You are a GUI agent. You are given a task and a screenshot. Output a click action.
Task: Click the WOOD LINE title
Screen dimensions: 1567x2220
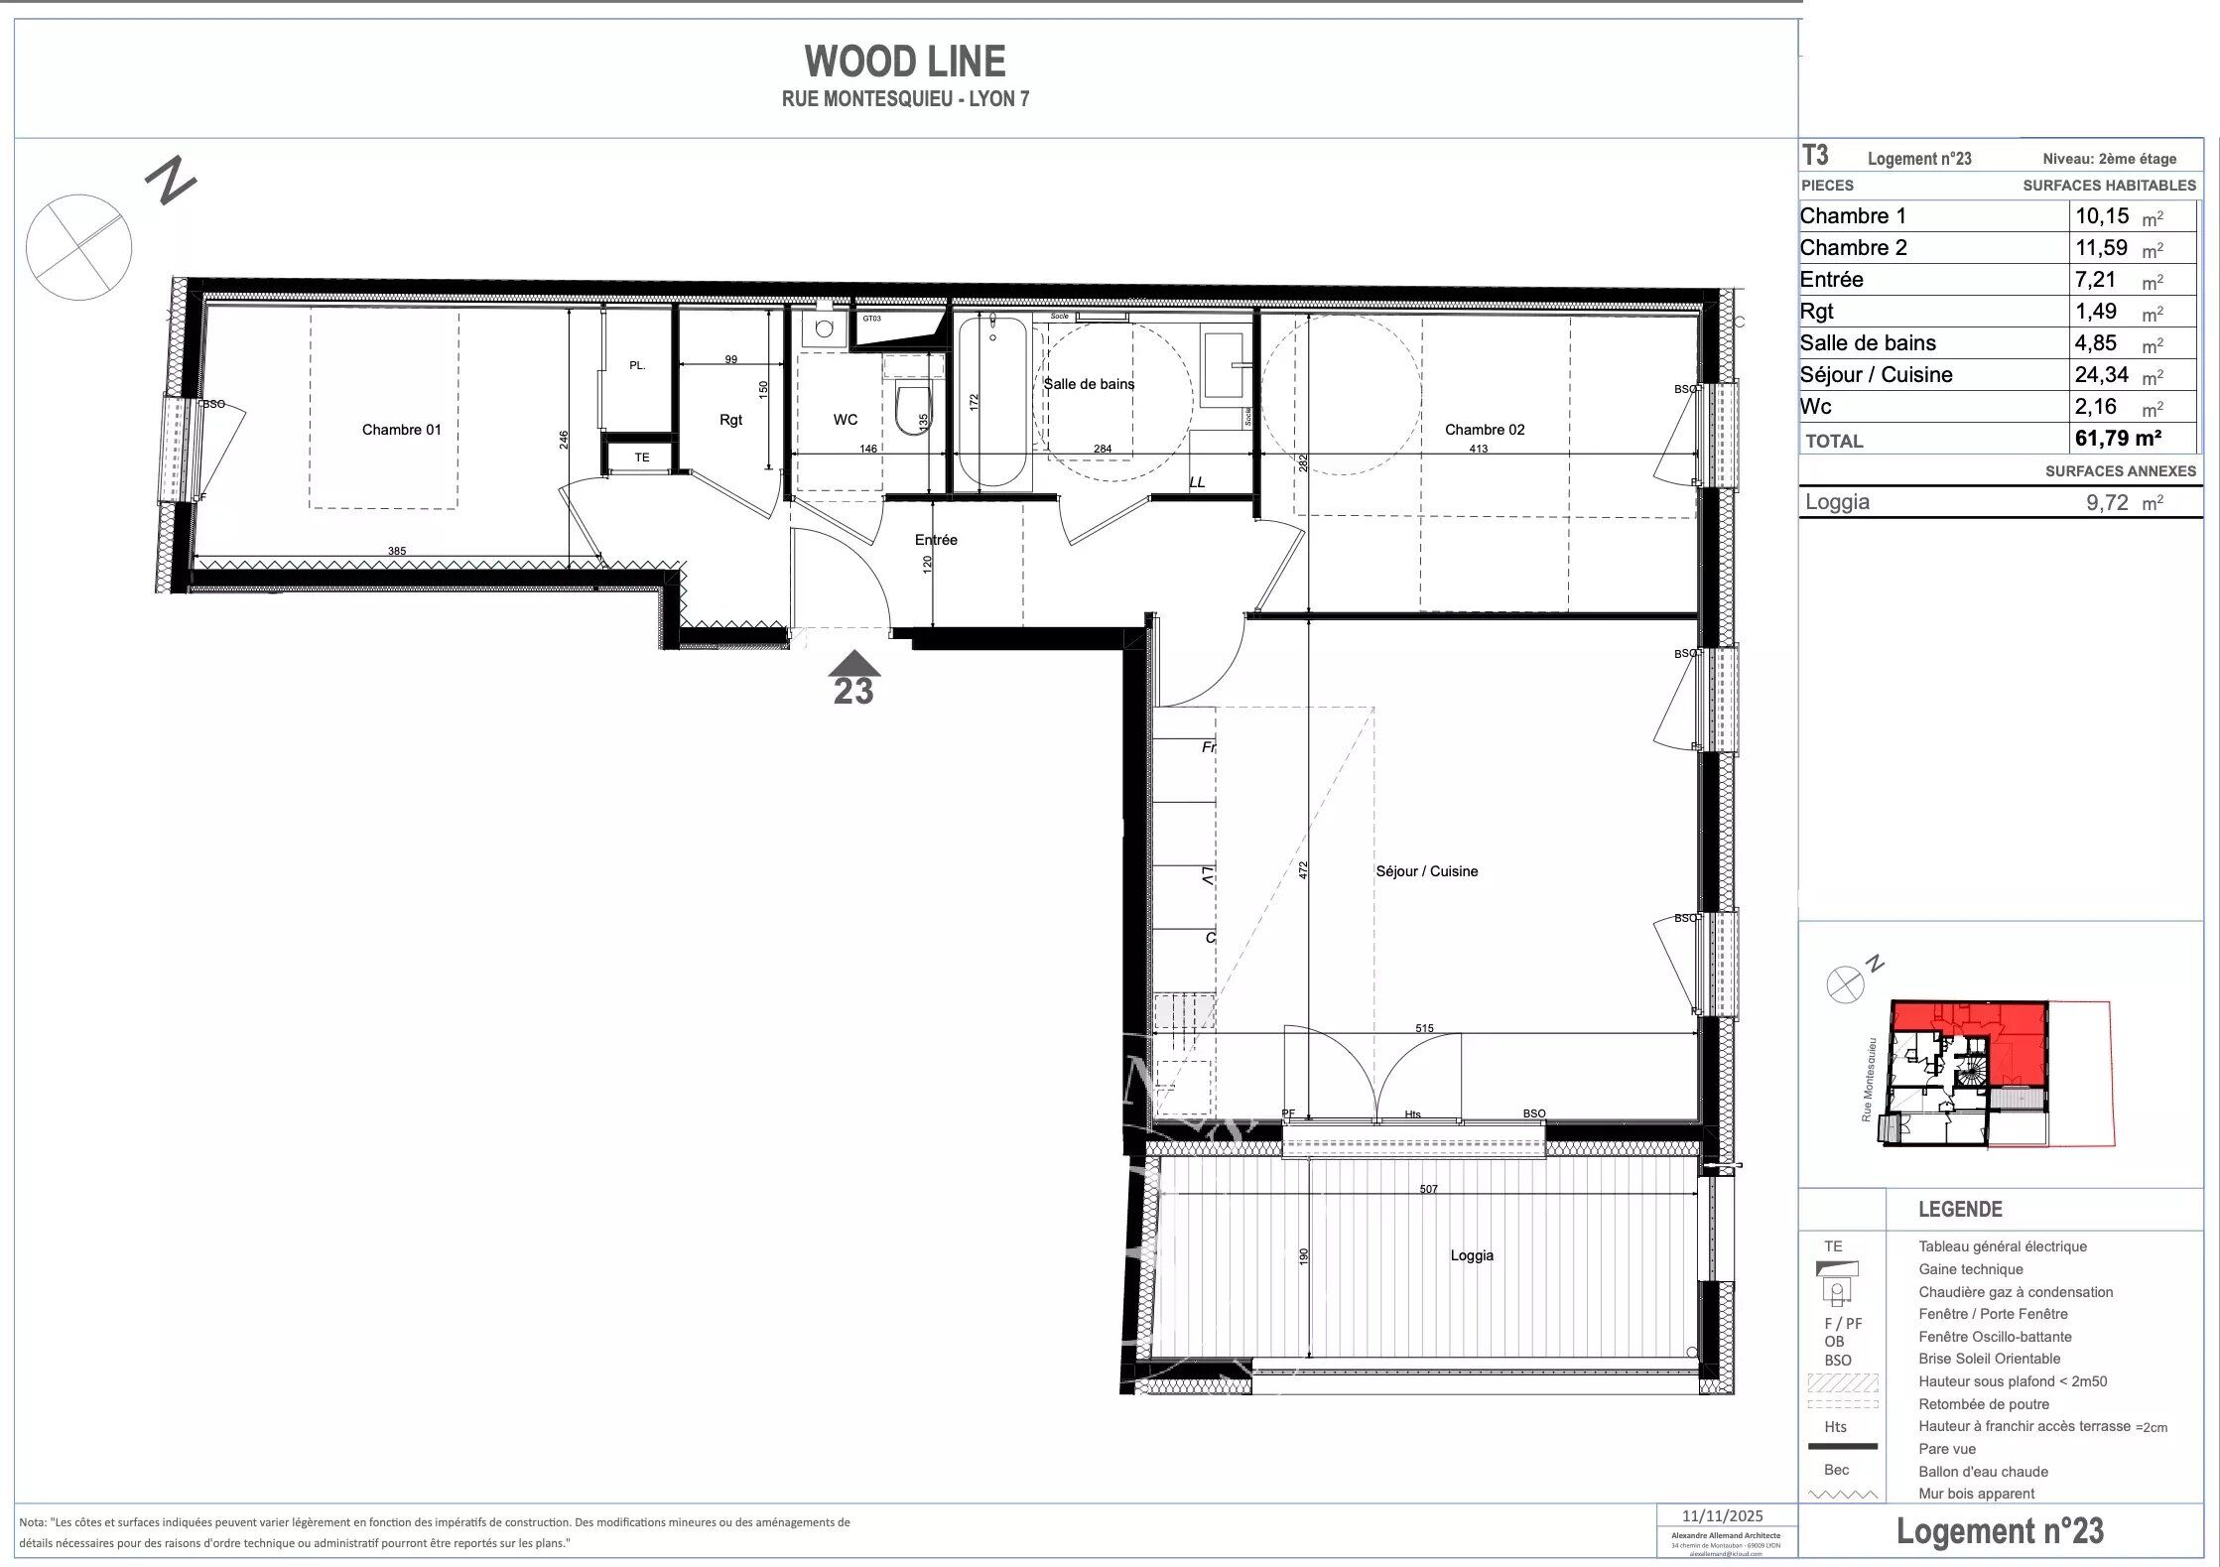(904, 62)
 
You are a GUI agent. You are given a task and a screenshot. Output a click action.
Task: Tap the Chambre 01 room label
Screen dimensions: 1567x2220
(401, 430)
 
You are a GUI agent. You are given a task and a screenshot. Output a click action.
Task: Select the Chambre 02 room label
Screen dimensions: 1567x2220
(1484, 430)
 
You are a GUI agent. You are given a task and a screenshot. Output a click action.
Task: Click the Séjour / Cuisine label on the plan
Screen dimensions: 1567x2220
(1426, 871)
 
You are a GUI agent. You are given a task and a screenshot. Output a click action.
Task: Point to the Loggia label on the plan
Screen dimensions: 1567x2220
(1471, 1255)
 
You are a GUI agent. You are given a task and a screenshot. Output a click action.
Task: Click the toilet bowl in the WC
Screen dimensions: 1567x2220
(908, 411)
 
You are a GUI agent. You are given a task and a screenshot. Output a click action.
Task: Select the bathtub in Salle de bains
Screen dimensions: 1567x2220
(991, 401)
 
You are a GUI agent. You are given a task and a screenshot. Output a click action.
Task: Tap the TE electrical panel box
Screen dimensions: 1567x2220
(642, 457)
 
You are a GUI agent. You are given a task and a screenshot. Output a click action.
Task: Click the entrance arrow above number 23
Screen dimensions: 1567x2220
(853, 663)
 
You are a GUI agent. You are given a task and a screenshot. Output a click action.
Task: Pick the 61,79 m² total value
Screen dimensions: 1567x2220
(2118, 439)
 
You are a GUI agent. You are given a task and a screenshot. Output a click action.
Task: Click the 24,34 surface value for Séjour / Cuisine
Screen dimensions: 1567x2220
(2101, 375)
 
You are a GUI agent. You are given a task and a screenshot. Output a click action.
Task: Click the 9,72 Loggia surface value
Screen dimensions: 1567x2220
(2107, 503)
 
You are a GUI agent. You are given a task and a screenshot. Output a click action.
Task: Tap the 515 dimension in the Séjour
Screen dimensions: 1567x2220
(1424, 1028)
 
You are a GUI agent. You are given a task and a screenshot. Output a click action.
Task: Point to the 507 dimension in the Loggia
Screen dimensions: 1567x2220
(1428, 1189)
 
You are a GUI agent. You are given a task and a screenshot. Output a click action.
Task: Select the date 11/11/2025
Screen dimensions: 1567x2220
(1723, 1515)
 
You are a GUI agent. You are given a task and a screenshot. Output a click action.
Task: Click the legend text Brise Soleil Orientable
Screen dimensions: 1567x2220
(1989, 1359)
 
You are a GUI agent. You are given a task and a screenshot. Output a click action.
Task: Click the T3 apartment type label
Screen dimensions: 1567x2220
(1814, 156)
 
